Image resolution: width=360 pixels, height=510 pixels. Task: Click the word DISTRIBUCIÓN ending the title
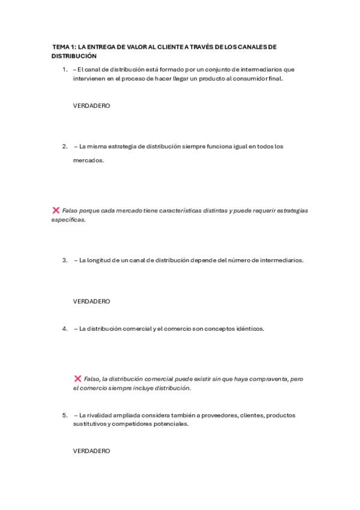point(74,55)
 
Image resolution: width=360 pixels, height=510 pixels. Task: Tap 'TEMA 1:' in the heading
point(64,46)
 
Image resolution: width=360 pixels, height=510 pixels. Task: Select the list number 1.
point(64,70)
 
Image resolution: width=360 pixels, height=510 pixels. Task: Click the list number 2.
point(64,146)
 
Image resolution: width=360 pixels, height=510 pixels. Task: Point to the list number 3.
point(64,260)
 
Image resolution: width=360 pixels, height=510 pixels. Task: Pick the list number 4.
point(64,329)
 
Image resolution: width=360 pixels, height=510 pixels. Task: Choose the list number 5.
point(64,416)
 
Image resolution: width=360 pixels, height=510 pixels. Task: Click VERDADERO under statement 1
point(91,105)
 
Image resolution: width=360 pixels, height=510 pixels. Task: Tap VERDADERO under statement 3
point(91,301)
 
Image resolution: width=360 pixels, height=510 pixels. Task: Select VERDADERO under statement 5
point(91,450)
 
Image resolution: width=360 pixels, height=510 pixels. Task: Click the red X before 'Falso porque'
point(55,210)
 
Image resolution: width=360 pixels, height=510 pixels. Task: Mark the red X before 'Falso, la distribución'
point(78,378)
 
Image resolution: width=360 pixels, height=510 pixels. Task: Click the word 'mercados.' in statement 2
point(88,161)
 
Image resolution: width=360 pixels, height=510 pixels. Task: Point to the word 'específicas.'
point(69,220)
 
